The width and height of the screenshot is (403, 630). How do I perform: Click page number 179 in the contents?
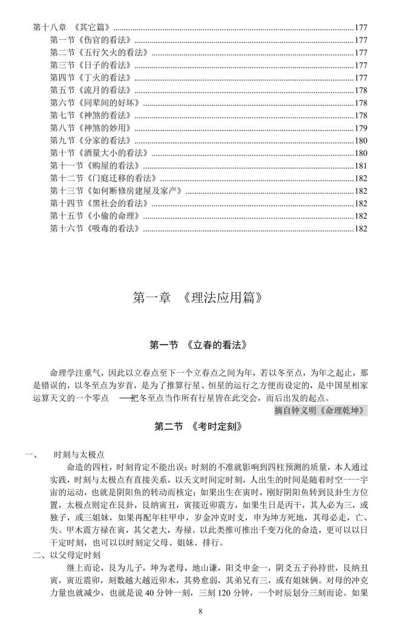[x=361, y=127]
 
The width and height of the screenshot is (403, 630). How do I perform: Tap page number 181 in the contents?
[x=361, y=166]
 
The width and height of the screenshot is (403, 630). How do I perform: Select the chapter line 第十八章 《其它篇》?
[x=73, y=27]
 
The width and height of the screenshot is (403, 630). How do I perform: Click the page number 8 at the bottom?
[x=200, y=612]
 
